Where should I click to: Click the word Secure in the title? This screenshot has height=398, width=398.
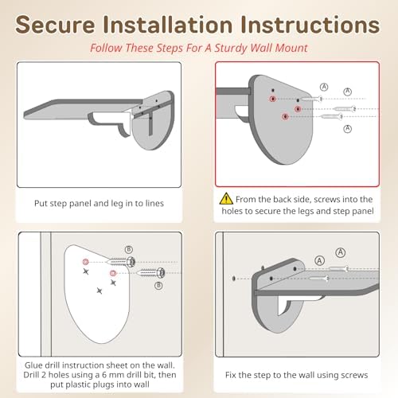pos(55,25)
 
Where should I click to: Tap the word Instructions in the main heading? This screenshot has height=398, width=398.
pos(310,25)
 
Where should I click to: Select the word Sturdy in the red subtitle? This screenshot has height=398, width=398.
pos(231,49)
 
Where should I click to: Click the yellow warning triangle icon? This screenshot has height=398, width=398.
pos(226,198)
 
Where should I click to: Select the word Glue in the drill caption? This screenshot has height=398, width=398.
pos(33,365)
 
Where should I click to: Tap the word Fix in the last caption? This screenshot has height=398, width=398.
pos(231,375)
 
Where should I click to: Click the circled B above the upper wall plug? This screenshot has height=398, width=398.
pos(129,249)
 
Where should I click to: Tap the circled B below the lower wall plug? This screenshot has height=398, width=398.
pos(158,286)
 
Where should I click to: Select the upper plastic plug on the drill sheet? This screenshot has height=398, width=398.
pos(121,262)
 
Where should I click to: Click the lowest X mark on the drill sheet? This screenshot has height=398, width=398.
pos(99,291)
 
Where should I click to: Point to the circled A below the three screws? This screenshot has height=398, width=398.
pos(348,129)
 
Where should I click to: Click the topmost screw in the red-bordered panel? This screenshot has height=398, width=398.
pos(311,99)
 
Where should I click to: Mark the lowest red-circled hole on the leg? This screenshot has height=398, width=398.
pos(285,116)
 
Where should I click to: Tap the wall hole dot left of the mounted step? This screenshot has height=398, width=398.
pos(234,279)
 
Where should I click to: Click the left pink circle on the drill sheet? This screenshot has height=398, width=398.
pos(85,262)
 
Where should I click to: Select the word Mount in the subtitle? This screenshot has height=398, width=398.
pos(292,48)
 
